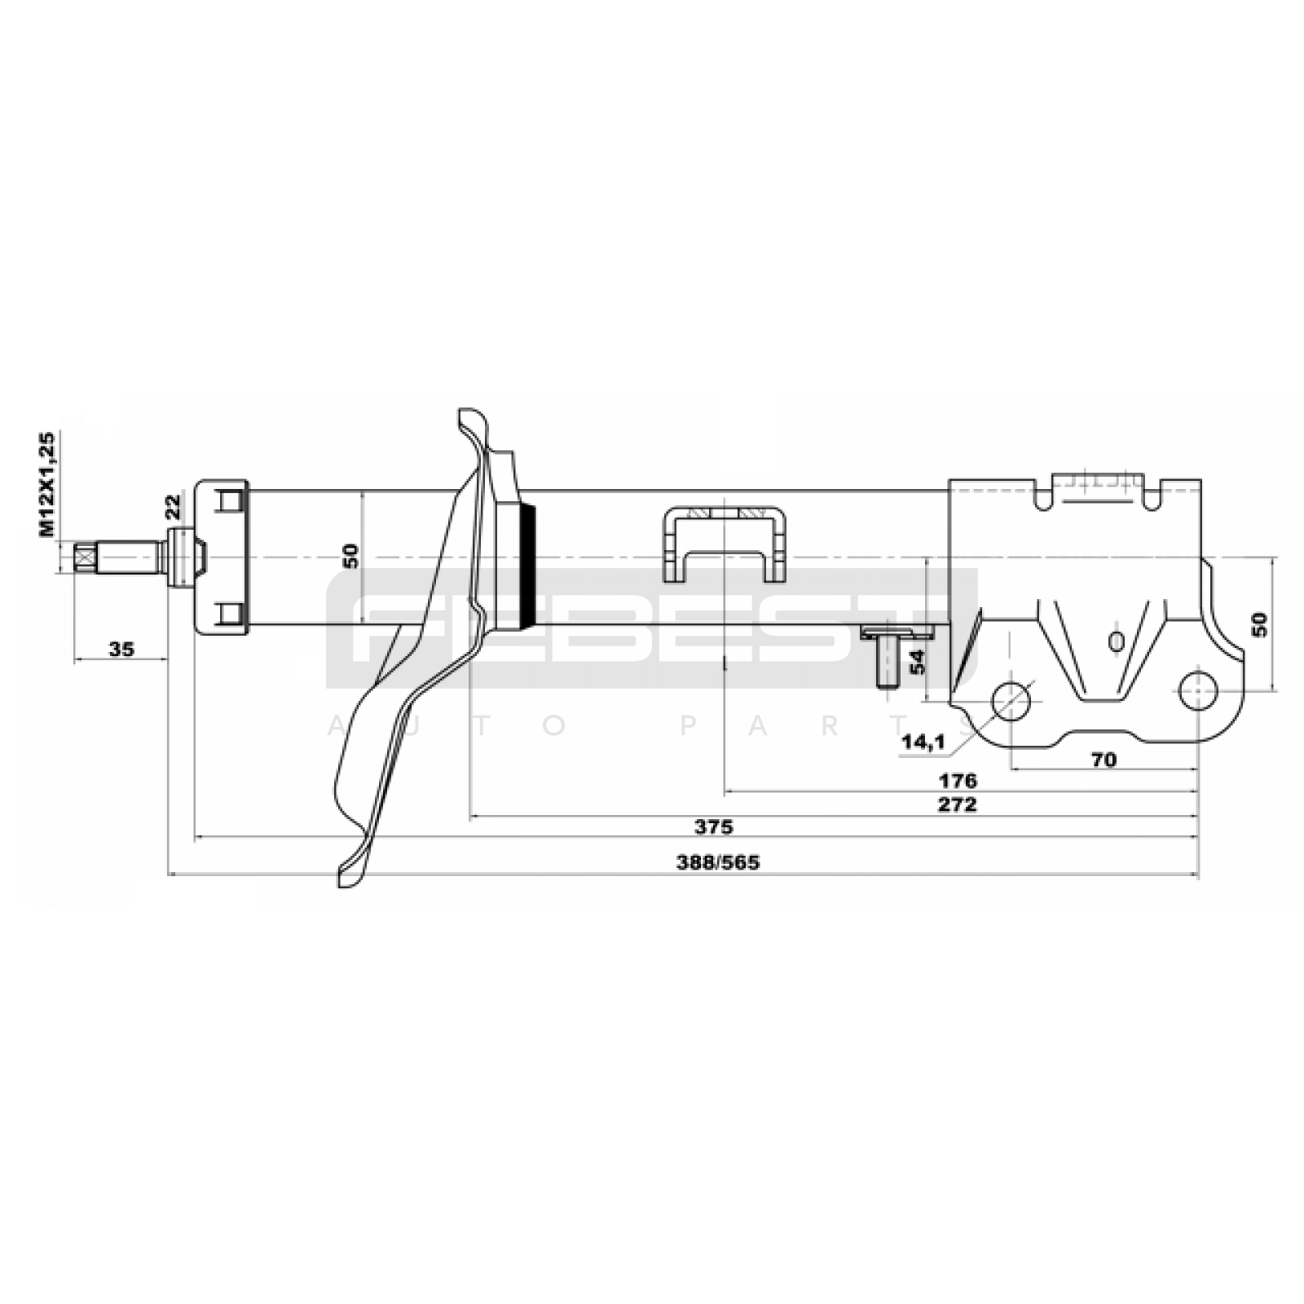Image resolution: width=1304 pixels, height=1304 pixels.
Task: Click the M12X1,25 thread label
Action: [x=47, y=484]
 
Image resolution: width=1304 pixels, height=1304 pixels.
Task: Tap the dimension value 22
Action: [x=173, y=506]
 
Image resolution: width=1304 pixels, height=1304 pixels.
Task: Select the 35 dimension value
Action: [x=121, y=649]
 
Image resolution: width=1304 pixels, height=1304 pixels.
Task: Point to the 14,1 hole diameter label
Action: [x=923, y=741]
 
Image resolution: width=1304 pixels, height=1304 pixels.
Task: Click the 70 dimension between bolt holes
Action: [x=1103, y=760]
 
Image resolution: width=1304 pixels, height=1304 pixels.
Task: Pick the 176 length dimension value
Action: [x=958, y=781]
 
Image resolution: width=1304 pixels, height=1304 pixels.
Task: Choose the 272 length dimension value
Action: [x=958, y=804]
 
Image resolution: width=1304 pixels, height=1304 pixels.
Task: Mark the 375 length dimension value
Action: [x=714, y=826]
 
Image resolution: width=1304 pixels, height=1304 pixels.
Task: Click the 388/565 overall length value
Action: [x=717, y=862]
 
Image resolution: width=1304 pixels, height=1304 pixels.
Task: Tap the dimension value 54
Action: [x=918, y=661]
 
